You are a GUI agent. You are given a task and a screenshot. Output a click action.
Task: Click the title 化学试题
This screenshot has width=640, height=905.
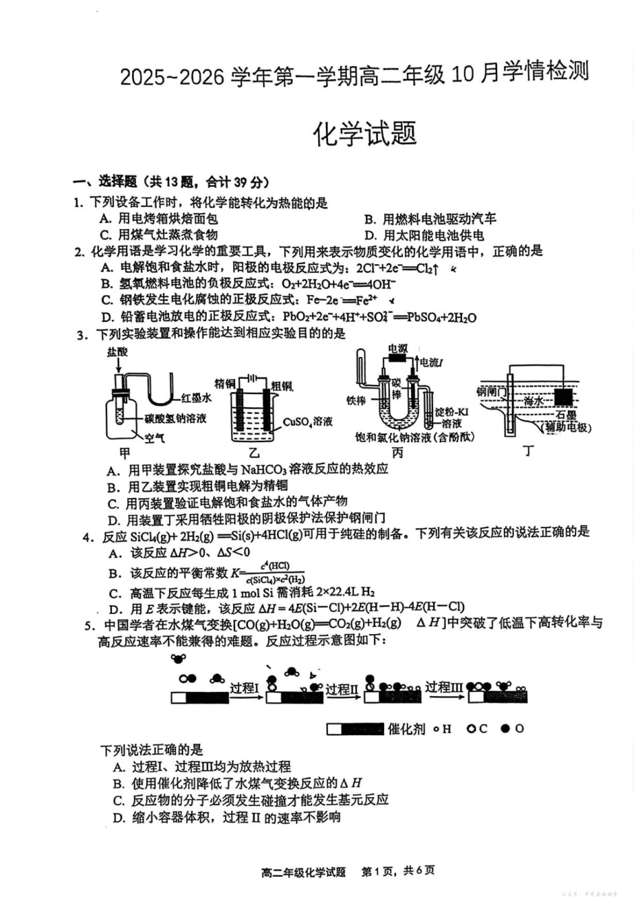(x=364, y=134)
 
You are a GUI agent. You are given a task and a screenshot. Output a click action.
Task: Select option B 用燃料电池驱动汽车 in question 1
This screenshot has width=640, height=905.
(x=431, y=219)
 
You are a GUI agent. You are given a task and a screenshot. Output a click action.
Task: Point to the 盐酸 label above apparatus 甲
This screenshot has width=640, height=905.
(x=117, y=352)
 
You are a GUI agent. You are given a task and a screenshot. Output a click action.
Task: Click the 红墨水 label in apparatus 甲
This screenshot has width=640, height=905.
(x=196, y=398)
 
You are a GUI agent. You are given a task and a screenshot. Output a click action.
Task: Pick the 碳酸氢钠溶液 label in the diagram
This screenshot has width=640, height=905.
(x=175, y=418)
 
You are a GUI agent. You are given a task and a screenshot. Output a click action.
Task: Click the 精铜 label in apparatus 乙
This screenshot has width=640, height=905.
(x=224, y=383)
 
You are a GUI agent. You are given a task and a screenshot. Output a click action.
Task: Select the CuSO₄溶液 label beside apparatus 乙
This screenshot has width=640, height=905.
(x=307, y=422)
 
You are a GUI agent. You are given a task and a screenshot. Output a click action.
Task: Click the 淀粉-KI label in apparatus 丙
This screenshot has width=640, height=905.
(x=451, y=412)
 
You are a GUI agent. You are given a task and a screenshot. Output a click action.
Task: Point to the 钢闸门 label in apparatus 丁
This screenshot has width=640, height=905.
(x=490, y=392)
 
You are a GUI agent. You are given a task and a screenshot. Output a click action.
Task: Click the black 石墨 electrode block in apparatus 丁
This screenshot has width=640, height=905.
(x=564, y=396)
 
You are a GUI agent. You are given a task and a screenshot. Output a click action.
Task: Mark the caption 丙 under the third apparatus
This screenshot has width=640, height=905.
(x=397, y=453)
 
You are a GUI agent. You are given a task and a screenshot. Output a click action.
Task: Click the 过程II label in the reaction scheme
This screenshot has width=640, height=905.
(x=342, y=689)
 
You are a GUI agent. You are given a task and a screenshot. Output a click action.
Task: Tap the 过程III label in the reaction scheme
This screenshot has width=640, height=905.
(x=444, y=687)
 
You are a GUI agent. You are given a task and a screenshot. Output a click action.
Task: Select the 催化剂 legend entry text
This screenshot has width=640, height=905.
(x=406, y=729)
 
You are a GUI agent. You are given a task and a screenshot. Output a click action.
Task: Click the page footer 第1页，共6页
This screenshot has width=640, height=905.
(x=398, y=871)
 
